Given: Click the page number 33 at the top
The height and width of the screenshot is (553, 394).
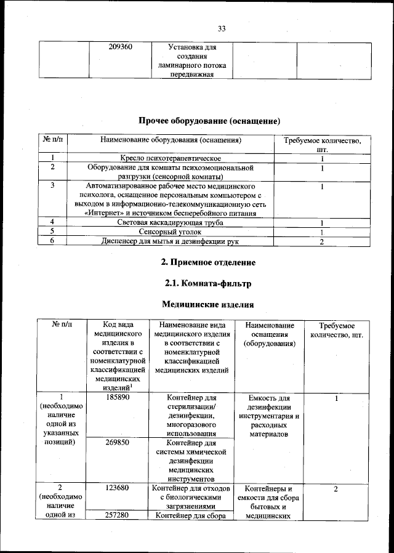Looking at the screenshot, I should click(222, 27).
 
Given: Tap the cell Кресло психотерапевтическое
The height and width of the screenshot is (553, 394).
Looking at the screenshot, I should click(171, 159).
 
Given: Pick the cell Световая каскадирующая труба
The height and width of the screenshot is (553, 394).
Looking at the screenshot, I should click(171, 222).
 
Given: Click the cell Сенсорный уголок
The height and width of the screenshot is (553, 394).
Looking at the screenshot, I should click(171, 232).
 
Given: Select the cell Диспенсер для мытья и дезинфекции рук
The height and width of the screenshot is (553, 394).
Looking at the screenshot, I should click(171, 241).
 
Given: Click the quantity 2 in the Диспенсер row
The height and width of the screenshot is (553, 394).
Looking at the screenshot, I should click(321, 241).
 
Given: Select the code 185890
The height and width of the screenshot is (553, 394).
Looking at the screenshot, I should click(117, 398).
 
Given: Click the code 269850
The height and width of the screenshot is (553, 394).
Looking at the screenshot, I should click(117, 442).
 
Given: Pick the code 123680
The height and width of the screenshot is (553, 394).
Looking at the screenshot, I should click(117, 488).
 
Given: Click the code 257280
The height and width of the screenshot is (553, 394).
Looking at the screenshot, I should click(117, 515).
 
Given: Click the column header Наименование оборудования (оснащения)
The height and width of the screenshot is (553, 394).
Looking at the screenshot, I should click(171, 140).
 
